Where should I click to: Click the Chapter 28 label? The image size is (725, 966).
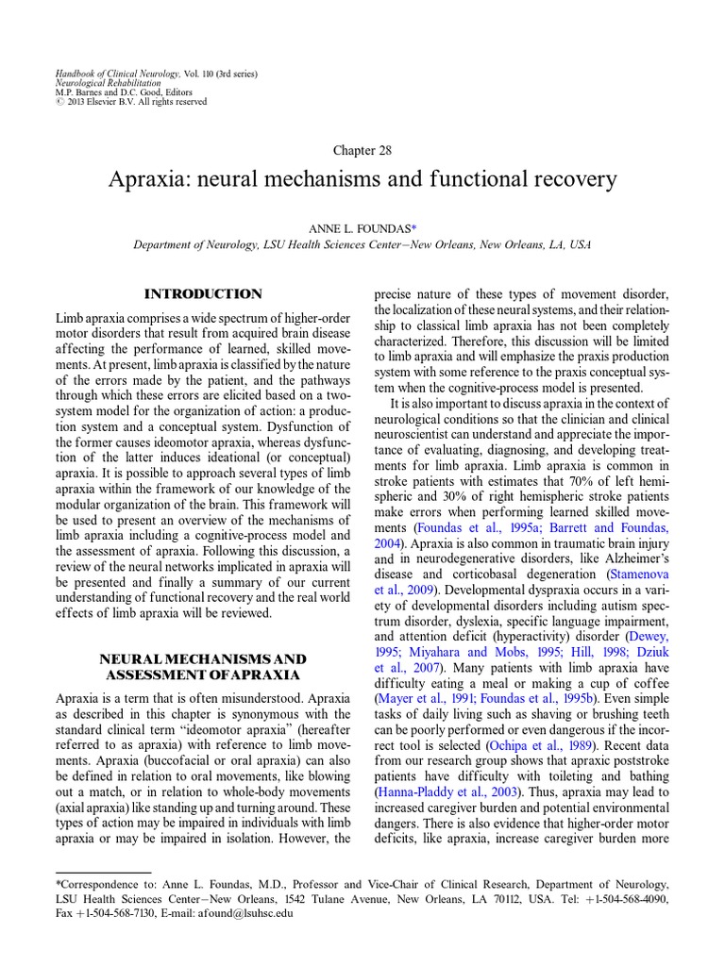tap(362, 150)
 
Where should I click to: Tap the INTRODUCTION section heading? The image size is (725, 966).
tap(203, 294)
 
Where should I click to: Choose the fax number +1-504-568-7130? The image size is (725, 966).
tap(117, 914)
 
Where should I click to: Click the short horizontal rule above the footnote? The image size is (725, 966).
tap(104, 873)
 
